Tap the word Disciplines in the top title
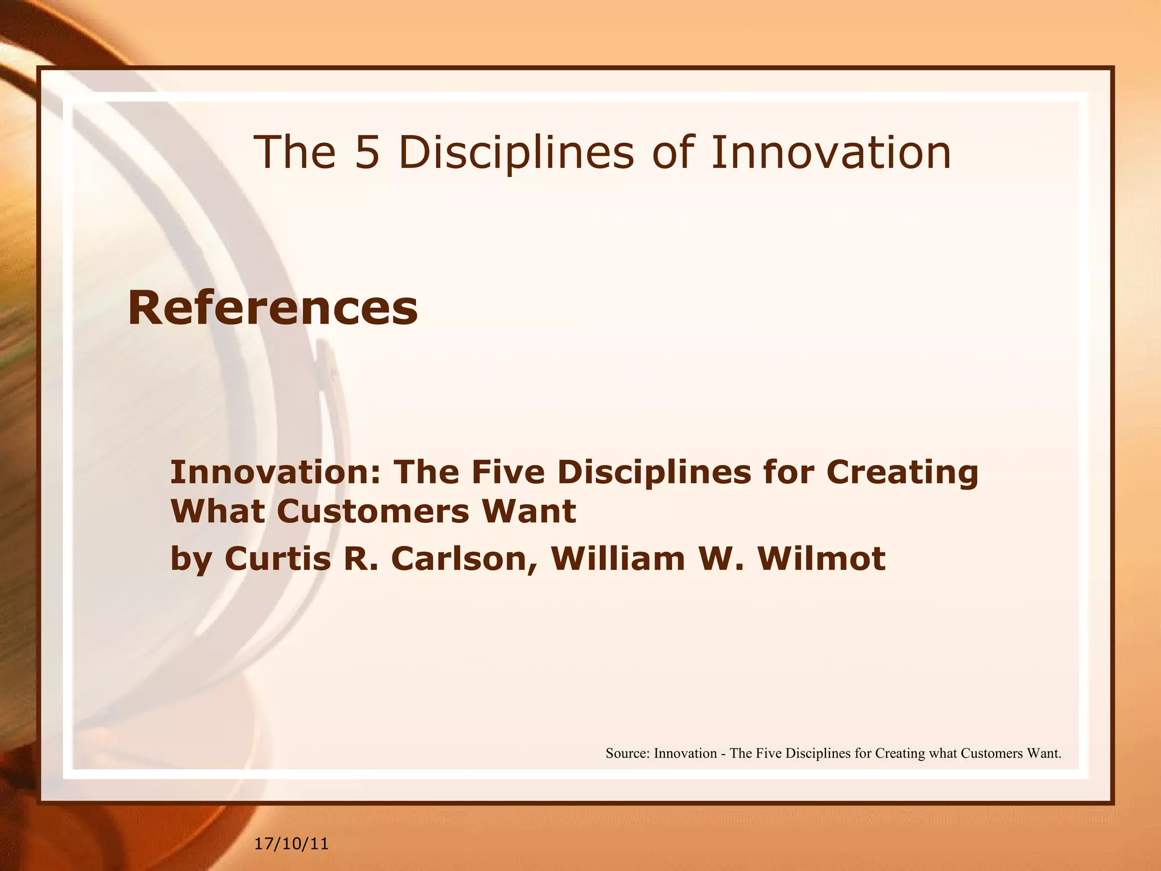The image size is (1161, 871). tap(516, 153)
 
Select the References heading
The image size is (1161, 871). tap(273, 308)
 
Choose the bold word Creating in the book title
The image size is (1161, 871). tap(902, 473)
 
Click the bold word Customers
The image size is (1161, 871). tap(373, 511)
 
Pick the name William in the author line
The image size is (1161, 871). tap(618, 559)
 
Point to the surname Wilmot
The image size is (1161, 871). tap(821, 559)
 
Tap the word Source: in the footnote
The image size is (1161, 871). tap(628, 754)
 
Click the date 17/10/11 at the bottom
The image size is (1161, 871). tap(291, 844)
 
